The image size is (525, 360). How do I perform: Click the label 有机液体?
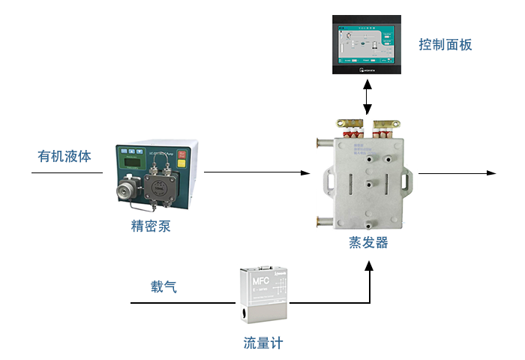(x=64, y=157)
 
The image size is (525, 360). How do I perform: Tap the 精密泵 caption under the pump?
(x=151, y=225)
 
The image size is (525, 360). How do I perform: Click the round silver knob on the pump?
(x=127, y=184)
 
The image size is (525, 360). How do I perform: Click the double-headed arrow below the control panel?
(x=367, y=97)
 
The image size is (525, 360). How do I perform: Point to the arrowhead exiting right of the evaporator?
(x=491, y=173)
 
